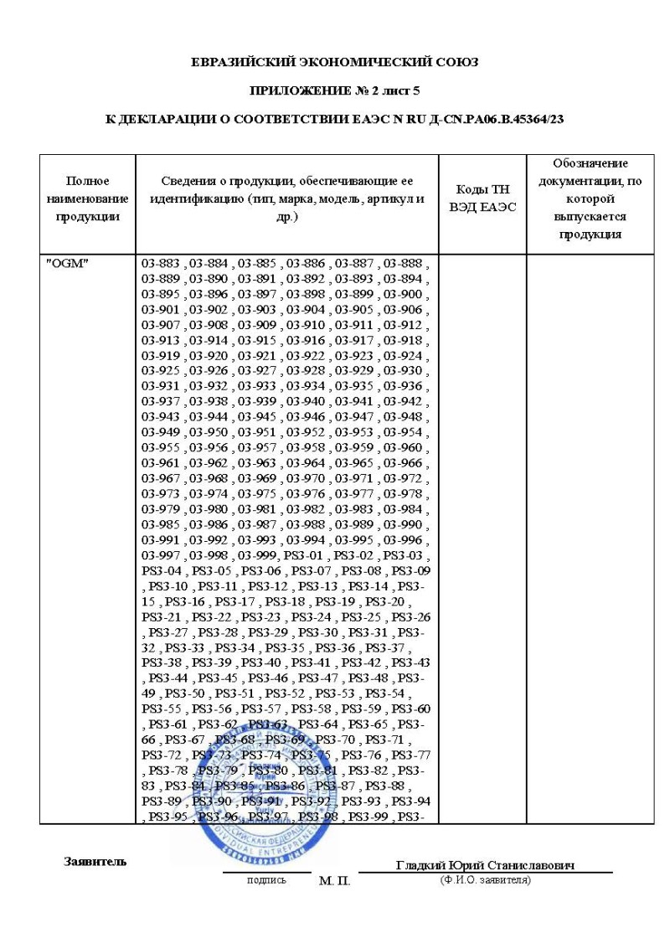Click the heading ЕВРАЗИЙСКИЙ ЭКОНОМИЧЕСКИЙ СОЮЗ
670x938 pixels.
tap(335, 62)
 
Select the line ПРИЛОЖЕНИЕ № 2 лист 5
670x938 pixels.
tap(335, 90)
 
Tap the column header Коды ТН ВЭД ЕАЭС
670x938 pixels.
tap(482, 198)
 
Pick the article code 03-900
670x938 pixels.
tap(401, 292)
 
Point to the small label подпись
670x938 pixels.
tap(265, 880)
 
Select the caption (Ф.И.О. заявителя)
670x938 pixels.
tap(485, 879)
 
